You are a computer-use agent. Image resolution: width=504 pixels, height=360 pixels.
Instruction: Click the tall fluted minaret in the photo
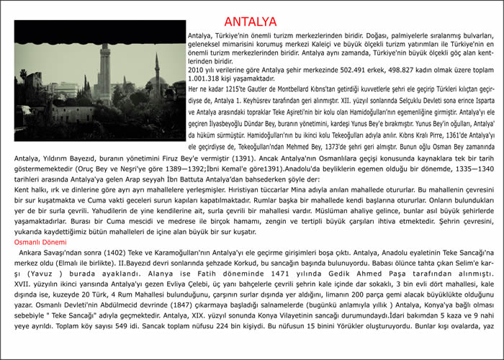[x=105, y=72]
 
